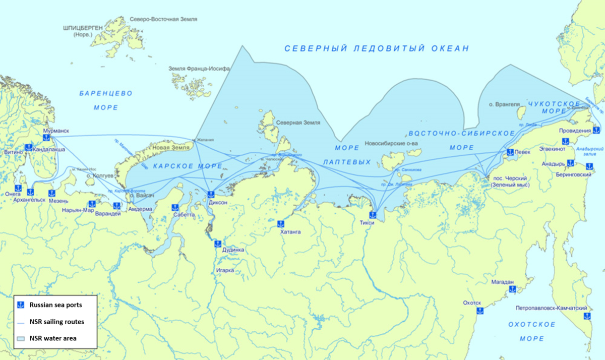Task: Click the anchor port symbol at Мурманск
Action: [47, 137]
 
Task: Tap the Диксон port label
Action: [217, 202]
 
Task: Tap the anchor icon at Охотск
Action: [479, 311]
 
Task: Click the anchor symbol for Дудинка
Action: [217, 244]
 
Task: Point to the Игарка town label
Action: [225, 270]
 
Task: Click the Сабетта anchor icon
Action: [175, 207]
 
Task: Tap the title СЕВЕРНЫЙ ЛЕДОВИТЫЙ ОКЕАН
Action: [377, 48]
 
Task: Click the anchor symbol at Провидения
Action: [596, 131]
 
